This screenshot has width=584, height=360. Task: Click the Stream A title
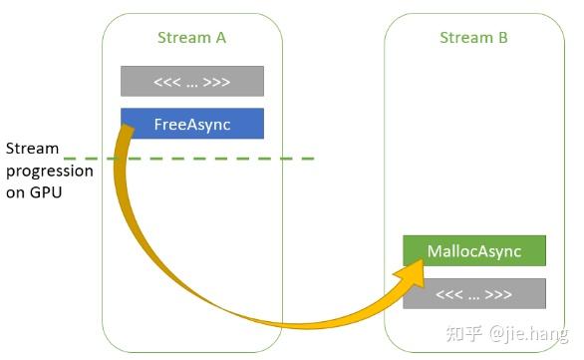(x=192, y=38)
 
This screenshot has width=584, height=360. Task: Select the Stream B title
(x=473, y=38)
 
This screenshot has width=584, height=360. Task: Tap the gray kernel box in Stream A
(x=192, y=81)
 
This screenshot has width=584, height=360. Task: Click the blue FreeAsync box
(x=192, y=124)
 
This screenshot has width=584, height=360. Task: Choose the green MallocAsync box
(x=474, y=251)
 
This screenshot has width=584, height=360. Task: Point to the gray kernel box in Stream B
(x=474, y=294)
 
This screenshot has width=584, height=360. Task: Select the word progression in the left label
(x=50, y=171)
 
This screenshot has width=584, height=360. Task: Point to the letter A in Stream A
(x=220, y=38)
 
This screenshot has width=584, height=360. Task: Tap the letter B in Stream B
(x=502, y=38)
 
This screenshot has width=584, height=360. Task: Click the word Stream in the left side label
(x=32, y=149)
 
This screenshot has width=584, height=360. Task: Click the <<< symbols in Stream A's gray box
(x=165, y=81)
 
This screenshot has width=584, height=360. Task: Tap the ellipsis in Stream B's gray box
(x=474, y=294)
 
